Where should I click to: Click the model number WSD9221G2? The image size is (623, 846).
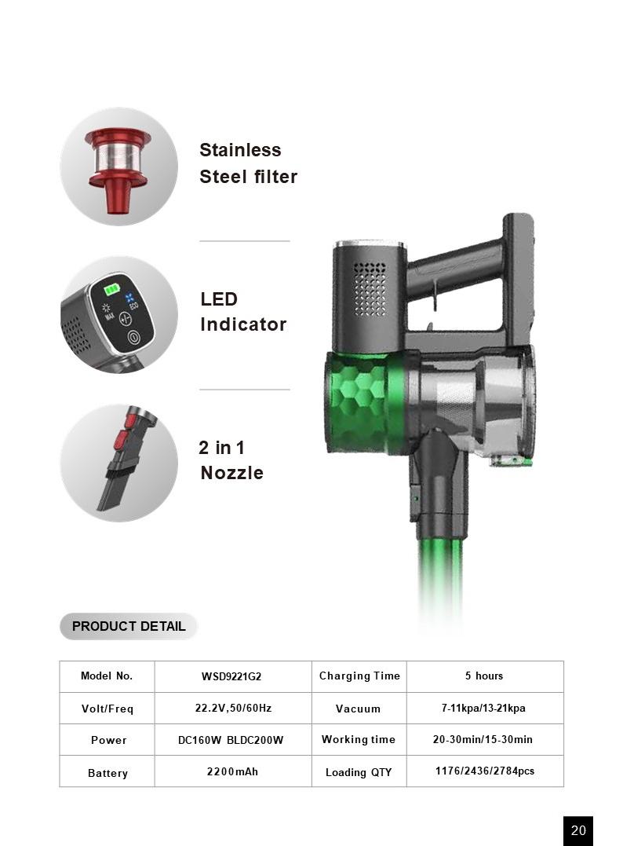tap(231, 676)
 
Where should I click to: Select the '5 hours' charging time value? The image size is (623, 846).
tap(484, 676)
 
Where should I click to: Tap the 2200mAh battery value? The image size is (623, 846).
tap(232, 771)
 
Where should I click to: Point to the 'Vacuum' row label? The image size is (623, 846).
tap(358, 709)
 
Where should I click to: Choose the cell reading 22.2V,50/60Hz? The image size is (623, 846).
tap(233, 708)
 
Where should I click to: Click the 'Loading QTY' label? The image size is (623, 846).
tap(359, 772)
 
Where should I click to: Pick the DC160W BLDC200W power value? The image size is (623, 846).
tap(231, 740)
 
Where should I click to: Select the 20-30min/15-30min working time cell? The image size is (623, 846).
tap(483, 739)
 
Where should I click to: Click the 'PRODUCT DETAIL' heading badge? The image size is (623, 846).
tap(128, 626)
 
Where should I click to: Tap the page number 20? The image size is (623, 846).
tap(578, 830)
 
